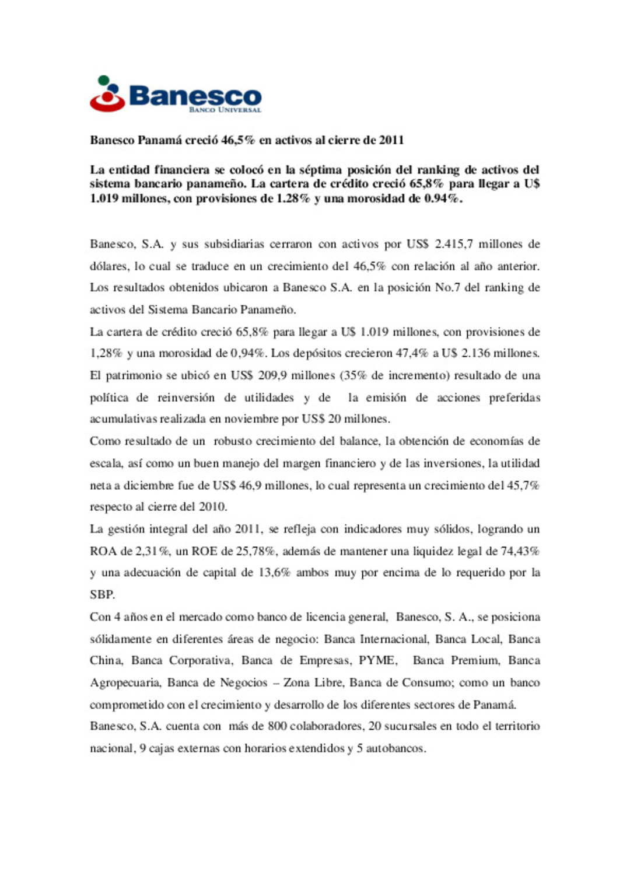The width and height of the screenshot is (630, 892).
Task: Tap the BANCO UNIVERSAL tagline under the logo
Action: click(x=225, y=109)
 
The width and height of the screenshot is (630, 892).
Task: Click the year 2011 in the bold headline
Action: click(x=391, y=140)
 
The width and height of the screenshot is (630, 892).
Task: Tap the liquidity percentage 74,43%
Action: click(x=520, y=551)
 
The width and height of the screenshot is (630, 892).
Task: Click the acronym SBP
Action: click(x=101, y=595)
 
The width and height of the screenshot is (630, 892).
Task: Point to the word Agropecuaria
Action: click(x=124, y=682)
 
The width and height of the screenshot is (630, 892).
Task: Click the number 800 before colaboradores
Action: click(x=277, y=726)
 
